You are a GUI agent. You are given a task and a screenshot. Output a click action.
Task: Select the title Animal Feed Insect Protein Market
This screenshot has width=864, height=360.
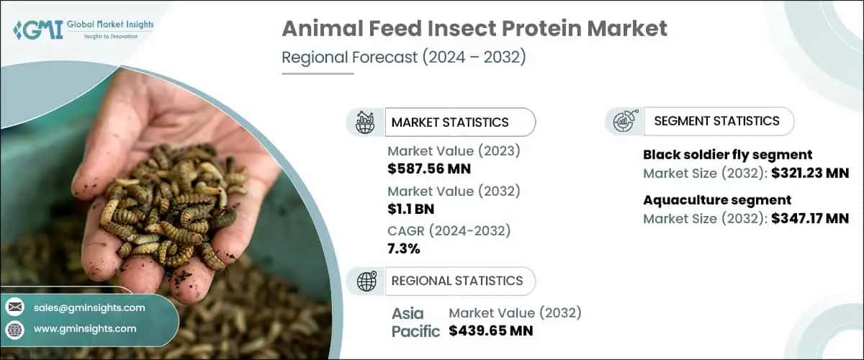(x=474, y=29)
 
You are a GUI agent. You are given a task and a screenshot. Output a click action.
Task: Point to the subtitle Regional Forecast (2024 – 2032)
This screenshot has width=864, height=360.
(x=403, y=57)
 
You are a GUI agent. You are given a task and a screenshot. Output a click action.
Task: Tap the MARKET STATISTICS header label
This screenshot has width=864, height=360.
(x=450, y=122)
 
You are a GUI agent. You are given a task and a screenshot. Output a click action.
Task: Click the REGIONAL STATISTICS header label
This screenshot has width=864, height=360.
(x=457, y=281)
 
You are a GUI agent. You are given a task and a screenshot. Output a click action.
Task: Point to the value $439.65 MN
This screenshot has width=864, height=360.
(x=490, y=331)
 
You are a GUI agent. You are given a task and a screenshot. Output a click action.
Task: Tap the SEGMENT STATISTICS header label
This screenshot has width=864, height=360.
(x=716, y=121)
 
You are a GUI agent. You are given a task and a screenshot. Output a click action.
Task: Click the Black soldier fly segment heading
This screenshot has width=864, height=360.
(x=727, y=154)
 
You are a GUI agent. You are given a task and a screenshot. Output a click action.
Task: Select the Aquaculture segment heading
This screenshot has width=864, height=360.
(x=716, y=200)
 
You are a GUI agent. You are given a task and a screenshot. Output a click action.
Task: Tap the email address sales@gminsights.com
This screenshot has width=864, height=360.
(x=89, y=307)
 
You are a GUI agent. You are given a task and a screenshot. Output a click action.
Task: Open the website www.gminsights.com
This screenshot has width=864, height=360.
(x=85, y=328)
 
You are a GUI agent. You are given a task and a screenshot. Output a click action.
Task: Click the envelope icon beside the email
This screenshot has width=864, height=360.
(x=14, y=307)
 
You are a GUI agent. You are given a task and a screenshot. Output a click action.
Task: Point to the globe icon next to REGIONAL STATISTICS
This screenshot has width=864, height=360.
(x=366, y=281)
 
